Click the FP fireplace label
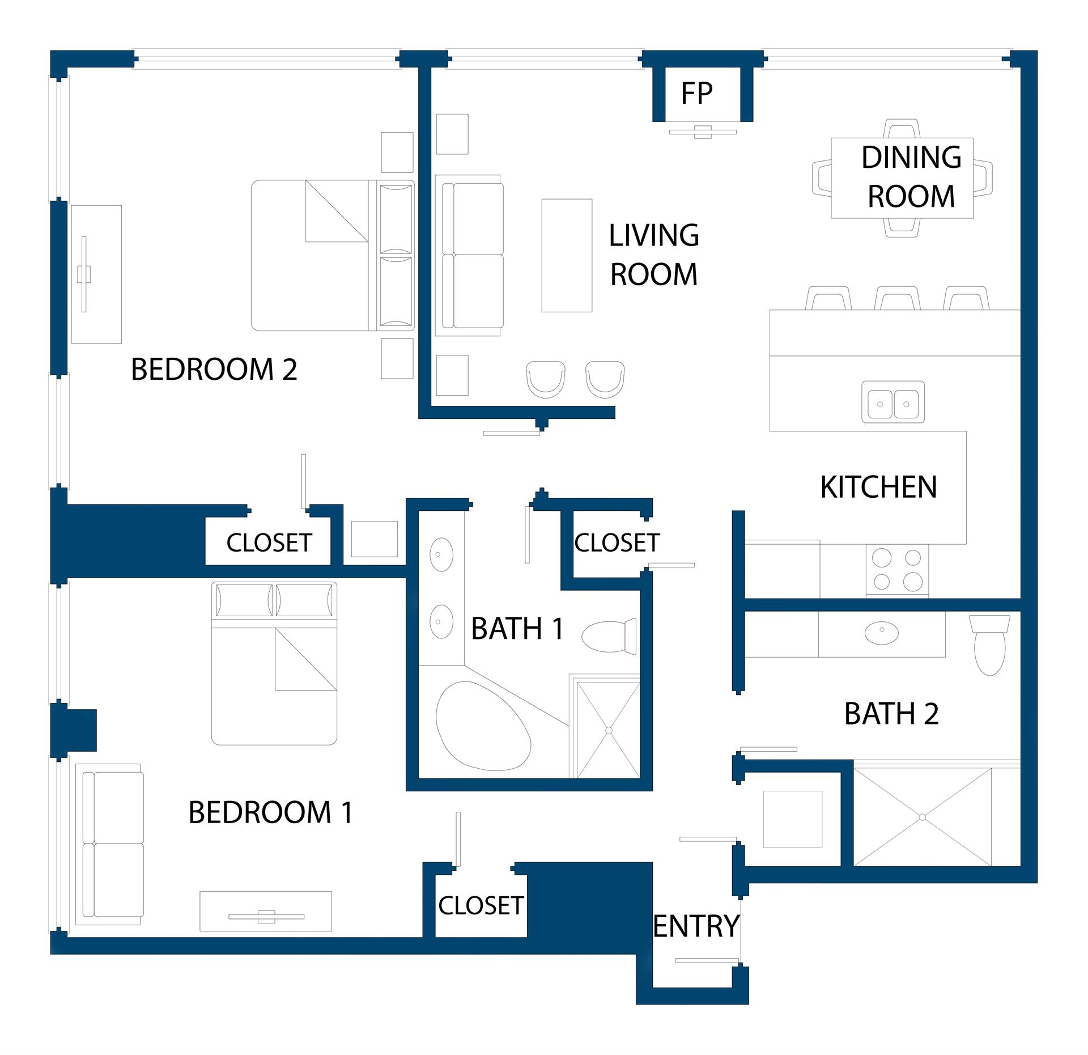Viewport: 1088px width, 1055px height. tap(696, 94)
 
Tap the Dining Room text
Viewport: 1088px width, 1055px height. tap(911, 177)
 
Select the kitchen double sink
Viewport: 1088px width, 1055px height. tap(893, 402)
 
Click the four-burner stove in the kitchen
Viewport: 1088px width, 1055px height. tap(897, 570)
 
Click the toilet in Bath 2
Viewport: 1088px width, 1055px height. tap(989, 645)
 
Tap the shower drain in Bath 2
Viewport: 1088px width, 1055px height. tap(922, 817)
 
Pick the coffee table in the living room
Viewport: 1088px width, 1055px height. tap(567, 255)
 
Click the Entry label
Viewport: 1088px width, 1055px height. tap(696, 926)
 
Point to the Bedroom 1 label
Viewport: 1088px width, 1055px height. tap(271, 812)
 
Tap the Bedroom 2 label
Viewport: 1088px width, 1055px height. tap(214, 369)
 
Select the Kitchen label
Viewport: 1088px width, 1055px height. tap(878, 487)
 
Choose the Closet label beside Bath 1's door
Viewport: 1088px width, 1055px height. tap(617, 543)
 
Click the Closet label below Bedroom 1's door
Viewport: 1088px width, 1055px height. tap(481, 905)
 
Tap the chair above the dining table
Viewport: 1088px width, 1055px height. tap(902, 128)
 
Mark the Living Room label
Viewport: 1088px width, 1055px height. tap(654, 255)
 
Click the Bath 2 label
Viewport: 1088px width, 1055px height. tap(891, 714)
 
